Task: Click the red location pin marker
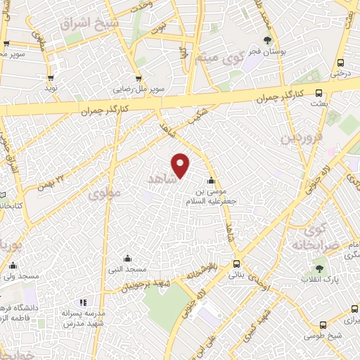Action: tap(181, 164)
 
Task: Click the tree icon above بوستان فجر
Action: tap(266, 40)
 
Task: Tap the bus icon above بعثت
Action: tap(319, 92)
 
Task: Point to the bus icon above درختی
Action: tap(340, 61)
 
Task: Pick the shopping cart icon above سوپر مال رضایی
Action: tap(139, 79)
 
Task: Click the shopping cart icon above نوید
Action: tap(51, 78)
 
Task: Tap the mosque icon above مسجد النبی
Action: tap(127, 258)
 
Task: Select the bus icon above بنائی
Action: tap(236, 265)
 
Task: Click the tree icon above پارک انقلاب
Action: tap(320, 268)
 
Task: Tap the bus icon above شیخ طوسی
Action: tap(323, 324)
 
